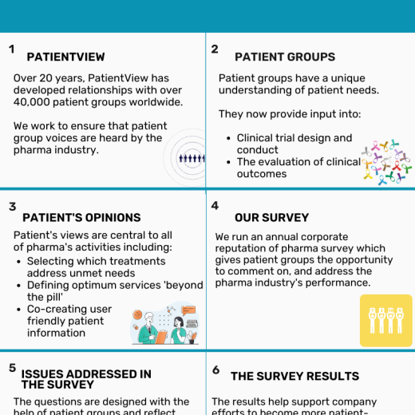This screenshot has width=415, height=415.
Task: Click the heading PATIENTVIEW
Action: (x=65, y=57)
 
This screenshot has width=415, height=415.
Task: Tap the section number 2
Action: (x=215, y=49)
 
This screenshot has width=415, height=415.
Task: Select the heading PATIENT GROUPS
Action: (x=285, y=57)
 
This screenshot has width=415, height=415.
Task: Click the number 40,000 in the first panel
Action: (x=32, y=102)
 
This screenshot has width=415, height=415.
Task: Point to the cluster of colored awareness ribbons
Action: (x=386, y=162)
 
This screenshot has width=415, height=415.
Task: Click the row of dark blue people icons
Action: (x=192, y=158)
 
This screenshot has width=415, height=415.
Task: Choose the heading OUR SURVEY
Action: (x=271, y=218)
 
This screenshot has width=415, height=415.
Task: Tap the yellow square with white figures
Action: (x=386, y=320)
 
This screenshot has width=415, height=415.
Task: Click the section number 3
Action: (x=13, y=207)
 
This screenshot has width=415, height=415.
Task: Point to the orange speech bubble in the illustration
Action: (x=188, y=310)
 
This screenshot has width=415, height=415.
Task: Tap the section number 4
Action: (x=215, y=206)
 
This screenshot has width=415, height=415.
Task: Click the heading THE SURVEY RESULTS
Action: (x=295, y=376)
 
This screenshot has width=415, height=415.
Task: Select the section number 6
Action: (x=216, y=370)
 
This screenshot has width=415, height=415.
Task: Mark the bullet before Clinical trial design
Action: (x=228, y=138)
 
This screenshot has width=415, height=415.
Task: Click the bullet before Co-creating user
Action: (x=18, y=310)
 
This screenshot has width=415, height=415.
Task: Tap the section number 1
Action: (x=11, y=49)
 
